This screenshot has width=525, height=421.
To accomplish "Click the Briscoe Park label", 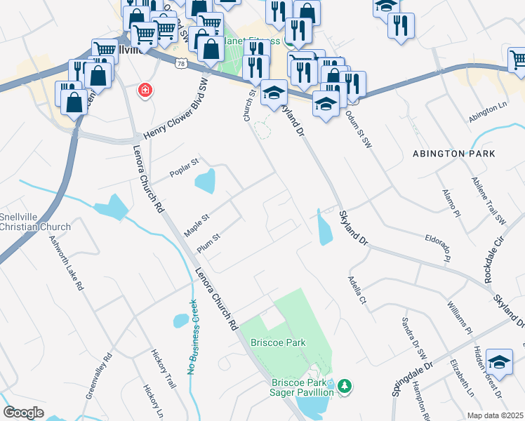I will (x=279, y=342).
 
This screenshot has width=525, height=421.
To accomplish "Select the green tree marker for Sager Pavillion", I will (x=344, y=385).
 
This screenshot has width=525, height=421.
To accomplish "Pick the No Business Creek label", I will (x=192, y=337).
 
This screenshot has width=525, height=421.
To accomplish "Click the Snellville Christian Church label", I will (x=35, y=222).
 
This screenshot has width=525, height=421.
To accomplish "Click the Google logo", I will (x=23, y=413).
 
